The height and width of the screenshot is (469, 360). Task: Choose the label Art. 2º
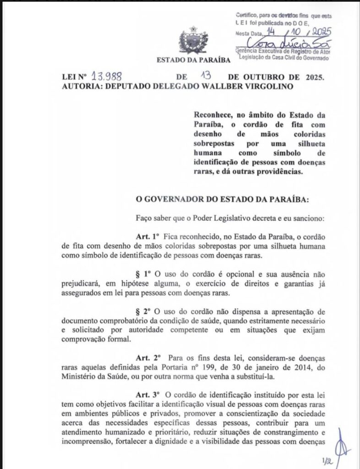147,356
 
